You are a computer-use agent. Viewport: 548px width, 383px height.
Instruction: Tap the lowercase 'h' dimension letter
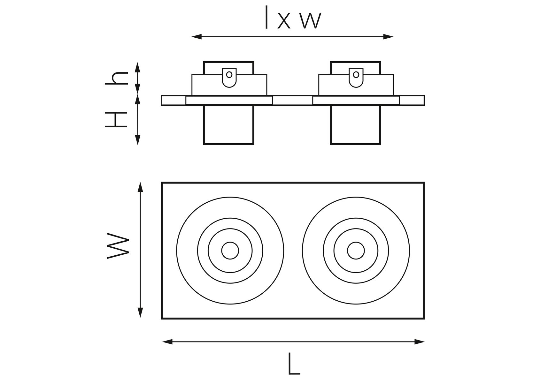pos(117,78)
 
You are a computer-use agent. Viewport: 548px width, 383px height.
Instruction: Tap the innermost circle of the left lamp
pos(230,250)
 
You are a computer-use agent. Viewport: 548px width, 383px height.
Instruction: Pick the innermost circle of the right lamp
pos(356,250)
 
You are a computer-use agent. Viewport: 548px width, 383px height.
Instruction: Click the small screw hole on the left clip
pos(229,75)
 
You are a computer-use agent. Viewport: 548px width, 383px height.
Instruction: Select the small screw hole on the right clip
pos(356,75)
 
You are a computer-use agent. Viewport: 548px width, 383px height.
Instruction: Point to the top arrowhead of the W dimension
pos(140,187)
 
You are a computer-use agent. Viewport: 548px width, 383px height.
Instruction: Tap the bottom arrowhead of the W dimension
pos(140,313)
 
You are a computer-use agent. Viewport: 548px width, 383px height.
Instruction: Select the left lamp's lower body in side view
pos(228,125)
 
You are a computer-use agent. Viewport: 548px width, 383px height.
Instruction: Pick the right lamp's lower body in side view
pos(355,125)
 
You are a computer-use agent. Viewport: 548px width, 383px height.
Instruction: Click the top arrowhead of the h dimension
pos(138,67)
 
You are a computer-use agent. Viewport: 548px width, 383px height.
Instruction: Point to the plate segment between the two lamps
pos(292,100)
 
